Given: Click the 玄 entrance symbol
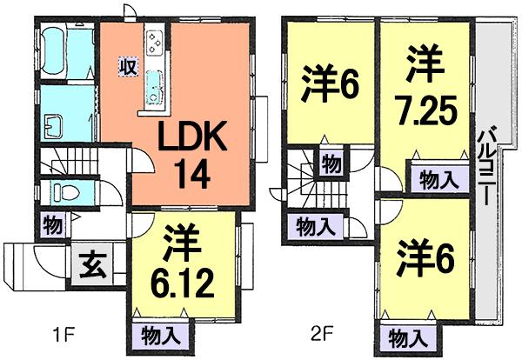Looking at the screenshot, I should [93, 262].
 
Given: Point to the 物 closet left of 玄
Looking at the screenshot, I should [52, 224].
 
